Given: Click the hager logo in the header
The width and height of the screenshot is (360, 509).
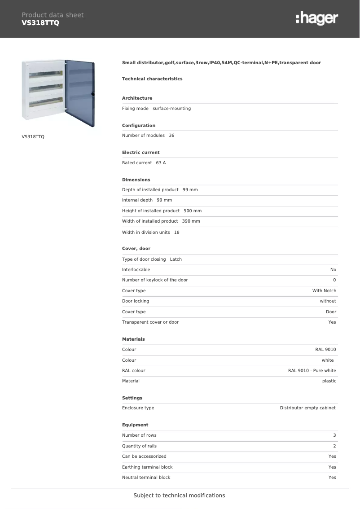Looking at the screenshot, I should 316,18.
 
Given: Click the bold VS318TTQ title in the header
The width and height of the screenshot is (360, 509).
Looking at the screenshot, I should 40,23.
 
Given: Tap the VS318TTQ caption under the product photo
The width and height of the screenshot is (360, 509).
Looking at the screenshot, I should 33,136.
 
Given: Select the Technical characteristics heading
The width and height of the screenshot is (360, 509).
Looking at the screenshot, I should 152,79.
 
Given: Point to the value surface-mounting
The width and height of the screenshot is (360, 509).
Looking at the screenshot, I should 171,109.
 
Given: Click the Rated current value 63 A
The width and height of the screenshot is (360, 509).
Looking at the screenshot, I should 161,163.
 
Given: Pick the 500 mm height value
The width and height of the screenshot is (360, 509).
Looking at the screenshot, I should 193,211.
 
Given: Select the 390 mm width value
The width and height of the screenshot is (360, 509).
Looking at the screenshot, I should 191,221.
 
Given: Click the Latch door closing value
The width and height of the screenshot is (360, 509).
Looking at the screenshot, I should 176,259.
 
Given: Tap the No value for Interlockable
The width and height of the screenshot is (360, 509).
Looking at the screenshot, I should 333,270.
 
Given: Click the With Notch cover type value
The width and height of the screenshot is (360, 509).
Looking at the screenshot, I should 324,291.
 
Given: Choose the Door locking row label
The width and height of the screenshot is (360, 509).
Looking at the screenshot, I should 136,301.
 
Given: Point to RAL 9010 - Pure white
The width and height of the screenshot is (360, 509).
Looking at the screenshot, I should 312,371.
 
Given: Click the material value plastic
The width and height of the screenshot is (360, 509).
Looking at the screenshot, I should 329,381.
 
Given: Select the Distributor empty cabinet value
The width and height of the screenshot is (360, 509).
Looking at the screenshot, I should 307,408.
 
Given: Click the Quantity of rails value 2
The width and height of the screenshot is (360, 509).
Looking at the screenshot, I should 334,446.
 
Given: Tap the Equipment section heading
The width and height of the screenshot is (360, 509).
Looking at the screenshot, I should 135,425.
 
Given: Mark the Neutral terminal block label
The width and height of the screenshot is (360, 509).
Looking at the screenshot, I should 146,478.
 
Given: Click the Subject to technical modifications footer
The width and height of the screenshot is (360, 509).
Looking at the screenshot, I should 179,496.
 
